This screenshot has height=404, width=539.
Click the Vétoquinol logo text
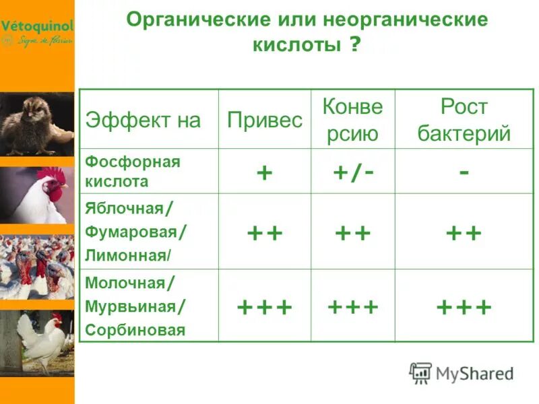(37, 26)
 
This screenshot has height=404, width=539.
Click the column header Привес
(264, 120)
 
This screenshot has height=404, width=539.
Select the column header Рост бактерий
(464, 120)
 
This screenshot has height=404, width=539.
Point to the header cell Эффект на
(143, 120)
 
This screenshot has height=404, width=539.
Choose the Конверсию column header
(352, 120)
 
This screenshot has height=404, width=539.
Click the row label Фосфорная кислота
(133, 172)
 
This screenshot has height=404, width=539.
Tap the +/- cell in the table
(352, 172)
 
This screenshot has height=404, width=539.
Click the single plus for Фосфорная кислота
(264, 172)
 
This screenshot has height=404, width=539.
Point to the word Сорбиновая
(135, 330)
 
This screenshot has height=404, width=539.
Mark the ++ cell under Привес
(264, 233)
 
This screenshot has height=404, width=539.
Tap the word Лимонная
(126, 256)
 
